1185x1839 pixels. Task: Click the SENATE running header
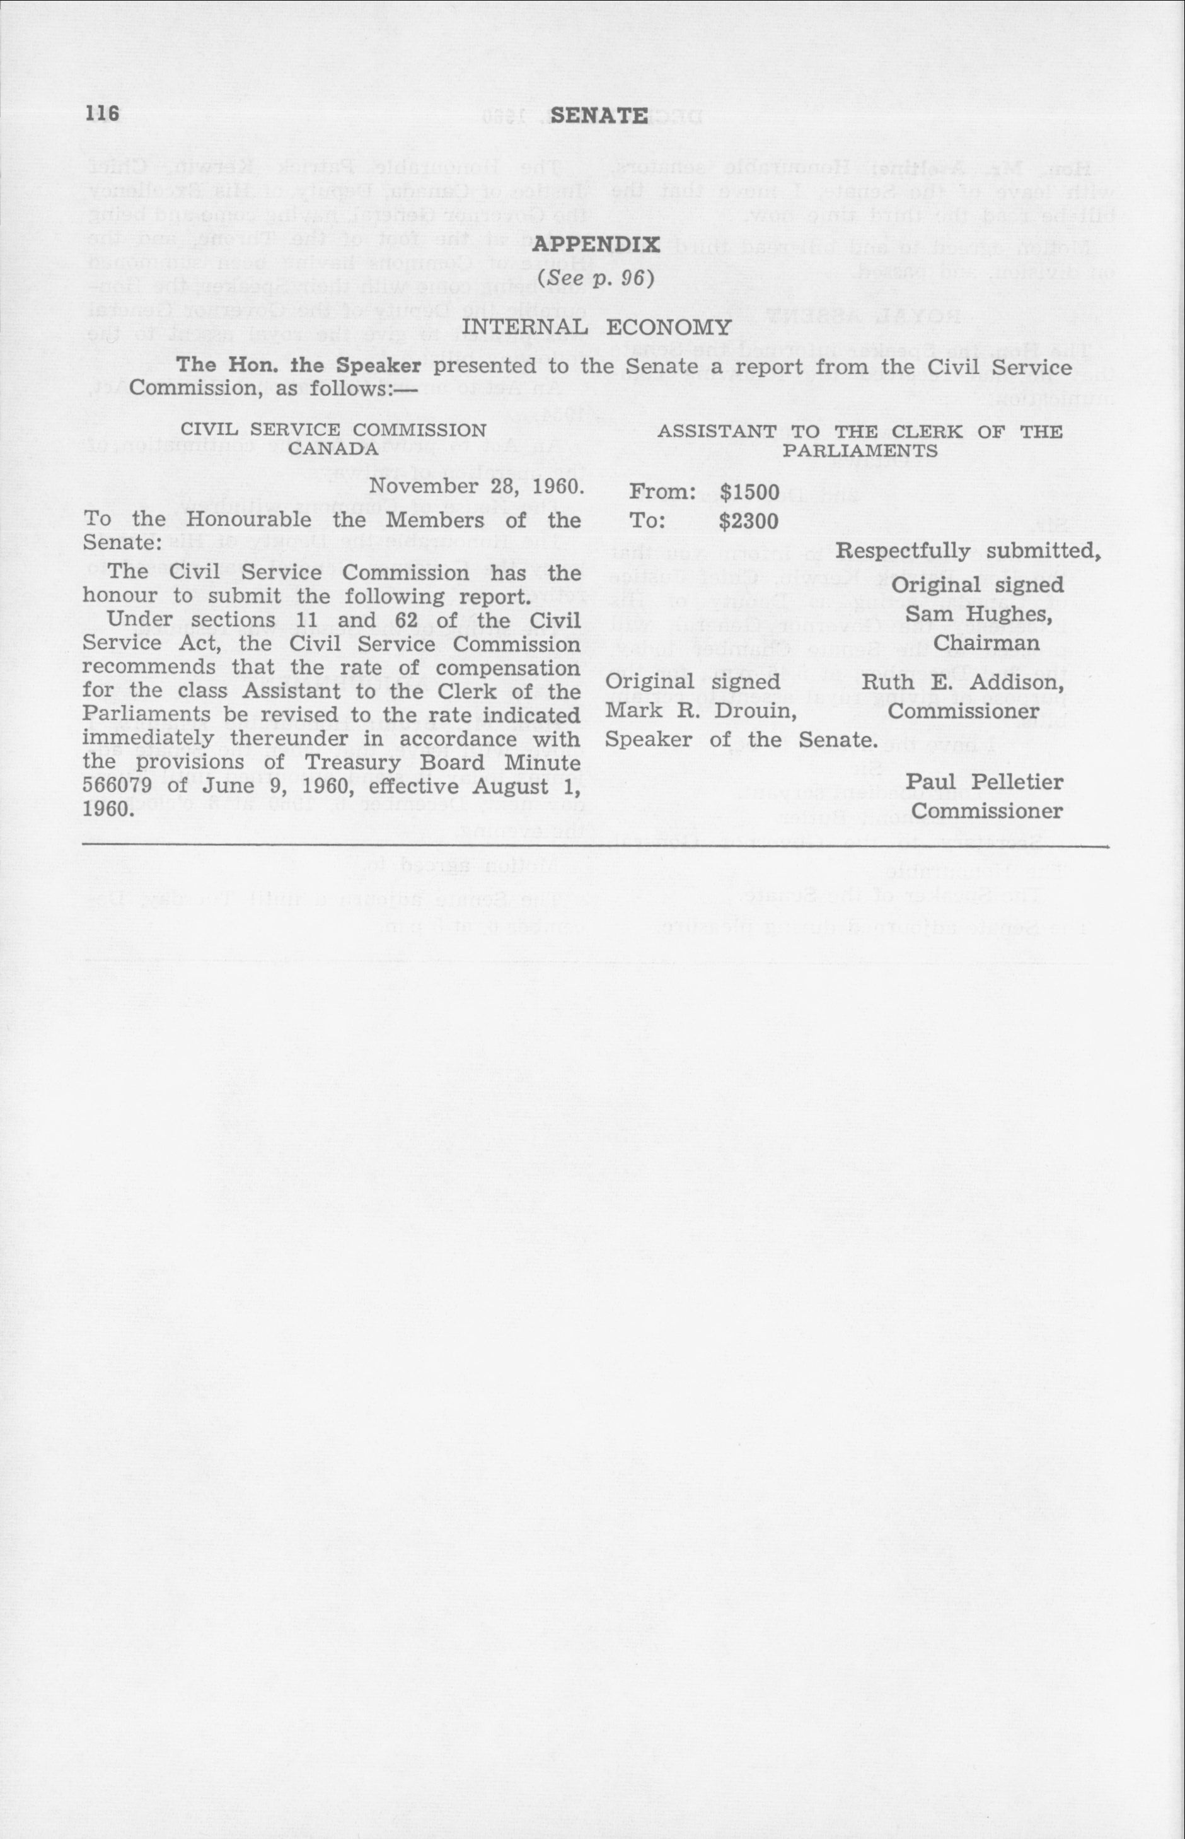coord(599,115)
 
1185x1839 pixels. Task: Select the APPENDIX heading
coord(596,245)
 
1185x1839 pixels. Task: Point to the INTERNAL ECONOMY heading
coord(596,327)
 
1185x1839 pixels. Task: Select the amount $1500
coord(749,492)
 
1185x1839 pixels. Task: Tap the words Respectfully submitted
coord(968,551)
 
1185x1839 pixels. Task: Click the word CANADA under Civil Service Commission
coord(333,448)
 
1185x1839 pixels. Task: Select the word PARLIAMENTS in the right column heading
coord(860,451)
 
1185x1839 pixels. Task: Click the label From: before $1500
coord(662,492)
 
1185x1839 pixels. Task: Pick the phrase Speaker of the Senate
coord(741,740)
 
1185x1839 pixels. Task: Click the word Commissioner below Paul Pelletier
coord(986,810)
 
